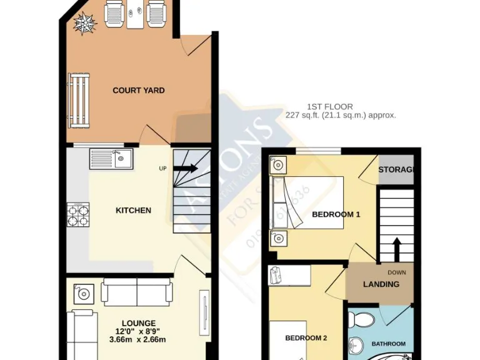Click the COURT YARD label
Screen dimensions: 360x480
tap(138, 91)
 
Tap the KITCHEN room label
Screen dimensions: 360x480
tap(133, 211)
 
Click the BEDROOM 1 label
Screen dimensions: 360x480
tap(336, 215)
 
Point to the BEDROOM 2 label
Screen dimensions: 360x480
tap(306, 339)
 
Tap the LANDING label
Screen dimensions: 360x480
tap(381, 284)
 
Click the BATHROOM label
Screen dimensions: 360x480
tap(389, 344)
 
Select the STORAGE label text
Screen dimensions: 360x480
tap(397, 171)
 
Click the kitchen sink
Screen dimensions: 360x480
tap(111, 159)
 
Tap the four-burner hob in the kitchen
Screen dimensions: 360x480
tap(78, 215)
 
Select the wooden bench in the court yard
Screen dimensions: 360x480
tap(79, 101)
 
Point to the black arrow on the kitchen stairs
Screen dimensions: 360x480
tap(187, 168)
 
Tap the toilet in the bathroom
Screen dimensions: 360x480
tap(361, 320)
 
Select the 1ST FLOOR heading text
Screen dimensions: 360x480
tap(330, 107)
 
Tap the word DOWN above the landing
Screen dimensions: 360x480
tap(396, 272)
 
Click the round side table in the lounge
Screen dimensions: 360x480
tap(82, 292)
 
